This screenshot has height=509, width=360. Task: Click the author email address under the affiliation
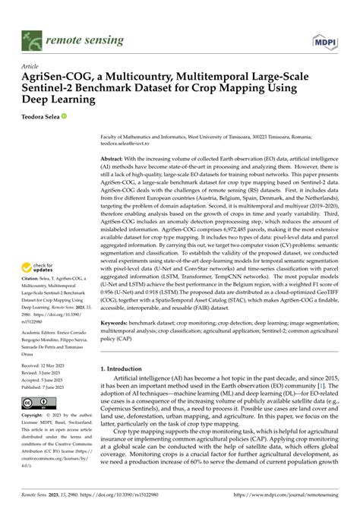coord(127,142)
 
